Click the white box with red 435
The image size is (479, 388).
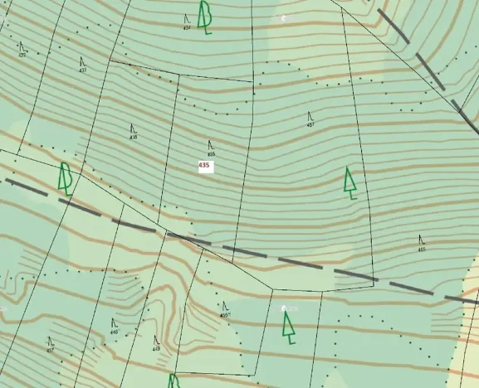(204, 166)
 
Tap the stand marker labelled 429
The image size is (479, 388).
(22, 50)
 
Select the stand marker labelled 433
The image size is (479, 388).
(83, 64)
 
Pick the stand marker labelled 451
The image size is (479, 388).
(310, 119)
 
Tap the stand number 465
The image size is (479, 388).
(422, 244)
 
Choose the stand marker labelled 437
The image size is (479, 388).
(51, 344)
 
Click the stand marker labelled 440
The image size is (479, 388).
(114, 326)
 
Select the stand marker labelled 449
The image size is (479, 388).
(156, 342)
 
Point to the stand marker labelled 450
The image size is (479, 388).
(224, 310)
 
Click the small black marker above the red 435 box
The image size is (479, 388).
(211, 148)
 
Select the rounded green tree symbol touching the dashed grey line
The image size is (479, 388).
(65, 178)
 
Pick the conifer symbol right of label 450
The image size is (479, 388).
(288, 326)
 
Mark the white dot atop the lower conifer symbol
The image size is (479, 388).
(284, 308)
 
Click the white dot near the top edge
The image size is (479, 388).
(284, 17)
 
